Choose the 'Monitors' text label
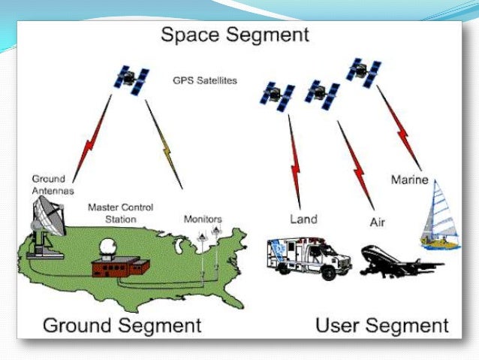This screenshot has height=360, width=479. coord(203,219)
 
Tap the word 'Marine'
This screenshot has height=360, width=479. coord(409,180)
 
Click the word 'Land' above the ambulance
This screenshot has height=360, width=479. coord(303,219)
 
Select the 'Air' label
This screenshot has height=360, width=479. coord(378,222)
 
